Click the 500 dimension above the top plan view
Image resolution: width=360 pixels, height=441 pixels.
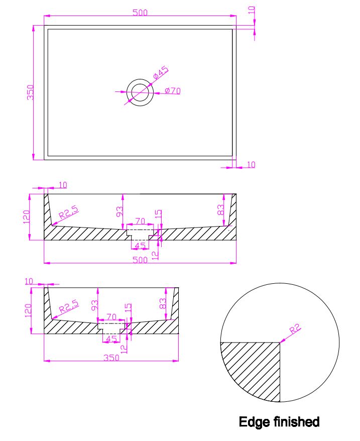point(140,13)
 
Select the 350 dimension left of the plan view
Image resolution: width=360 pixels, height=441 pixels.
point(30,92)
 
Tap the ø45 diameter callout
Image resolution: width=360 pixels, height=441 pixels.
point(161,72)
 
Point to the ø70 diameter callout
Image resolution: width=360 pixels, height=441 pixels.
point(172,90)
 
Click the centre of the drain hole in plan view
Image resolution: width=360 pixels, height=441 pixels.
point(140,92)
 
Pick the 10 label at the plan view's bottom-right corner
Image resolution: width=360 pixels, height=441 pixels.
point(251,164)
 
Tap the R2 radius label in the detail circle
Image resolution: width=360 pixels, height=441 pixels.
point(295,328)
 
